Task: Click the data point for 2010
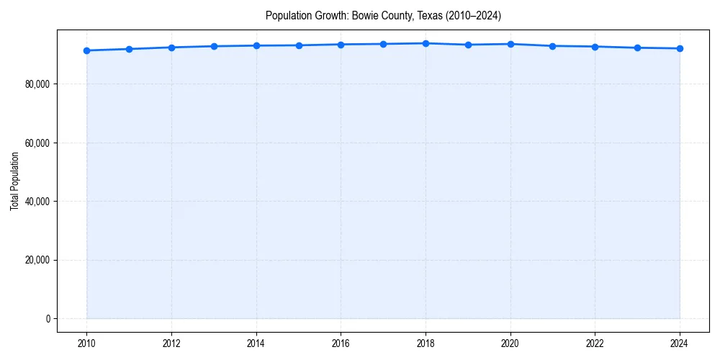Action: click(86, 50)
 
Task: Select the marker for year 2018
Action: click(426, 43)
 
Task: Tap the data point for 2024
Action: click(680, 48)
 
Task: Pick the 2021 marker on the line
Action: click(552, 46)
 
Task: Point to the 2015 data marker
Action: click(299, 45)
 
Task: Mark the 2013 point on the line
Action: click(214, 46)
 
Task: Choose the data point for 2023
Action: click(637, 48)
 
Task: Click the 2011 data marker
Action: click(129, 49)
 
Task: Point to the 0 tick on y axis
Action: click(47, 318)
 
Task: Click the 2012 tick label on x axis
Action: click(171, 343)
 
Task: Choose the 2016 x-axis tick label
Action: click(341, 343)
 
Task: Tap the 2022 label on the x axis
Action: click(595, 343)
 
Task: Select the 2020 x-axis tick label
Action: click(510, 343)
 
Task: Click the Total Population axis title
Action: click(14, 181)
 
